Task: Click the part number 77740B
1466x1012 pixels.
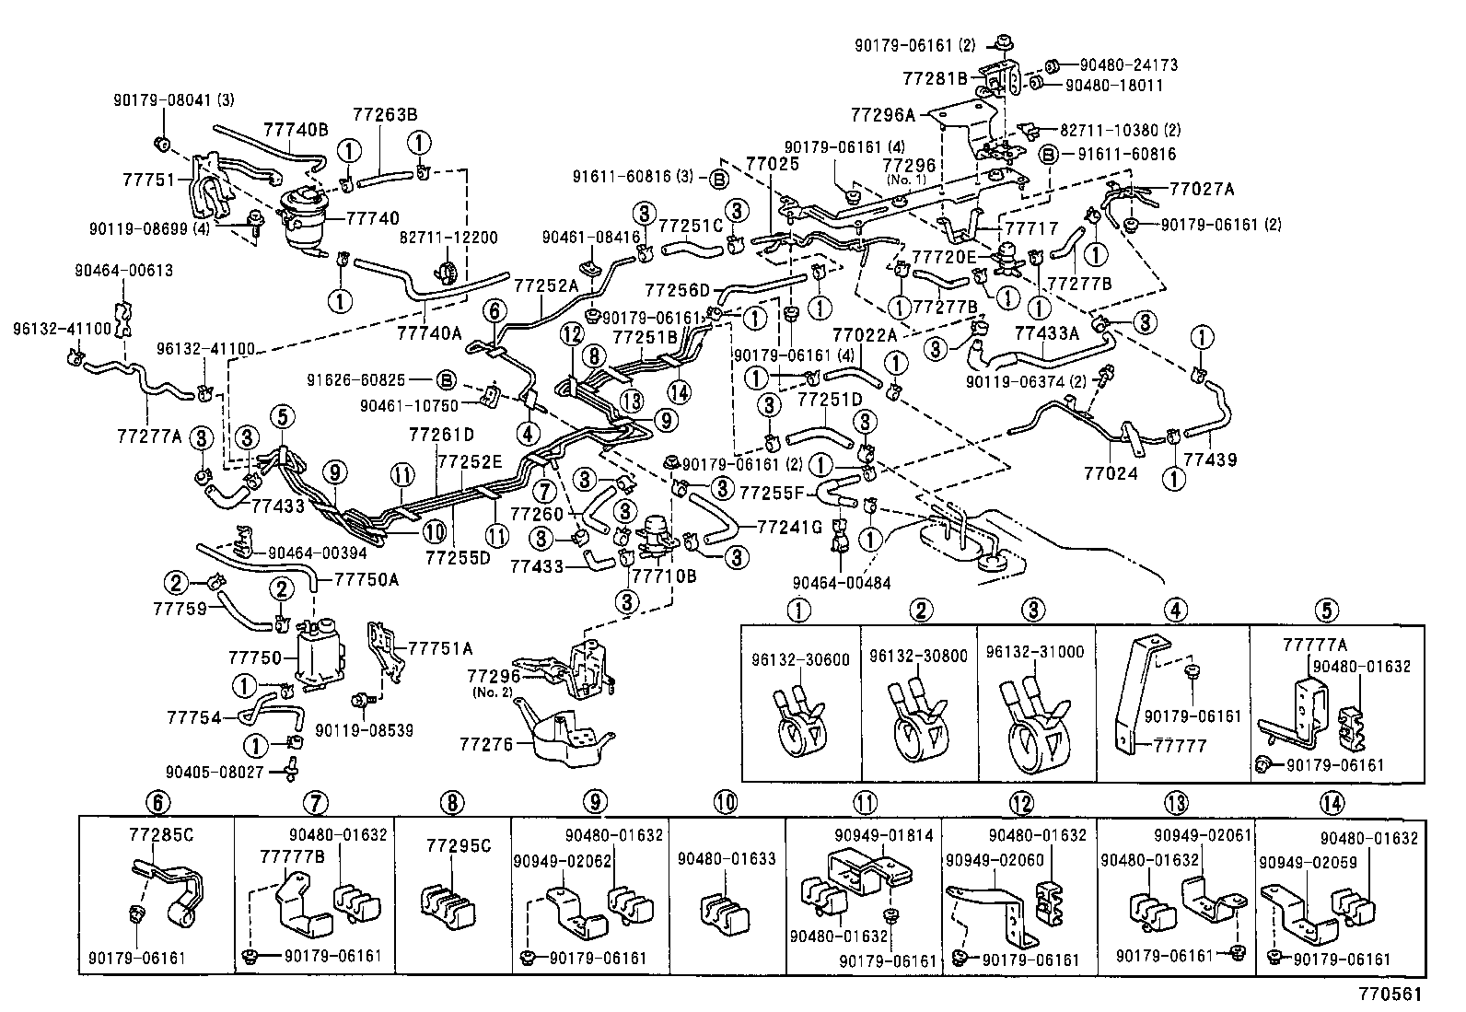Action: tap(296, 130)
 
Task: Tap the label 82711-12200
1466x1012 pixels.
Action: tap(448, 238)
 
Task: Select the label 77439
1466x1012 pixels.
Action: tap(1210, 459)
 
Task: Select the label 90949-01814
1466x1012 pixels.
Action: tap(884, 835)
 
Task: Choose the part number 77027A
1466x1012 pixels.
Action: tap(1202, 190)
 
